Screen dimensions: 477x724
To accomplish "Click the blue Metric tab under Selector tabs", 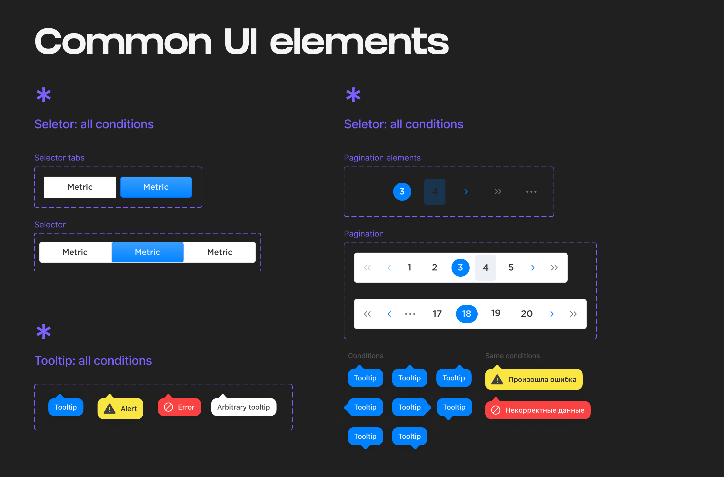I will (x=156, y=187).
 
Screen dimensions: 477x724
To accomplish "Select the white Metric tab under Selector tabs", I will (x=80, y=187).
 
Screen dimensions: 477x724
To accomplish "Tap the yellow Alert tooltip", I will (x=120, y=409).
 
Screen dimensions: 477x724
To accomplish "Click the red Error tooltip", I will (x=179, y=407).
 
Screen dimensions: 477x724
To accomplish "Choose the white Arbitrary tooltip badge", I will (x=243, y=407).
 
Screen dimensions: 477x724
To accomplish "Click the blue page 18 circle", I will (x=466, y=313).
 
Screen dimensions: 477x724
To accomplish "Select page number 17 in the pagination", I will (x=437, y=313).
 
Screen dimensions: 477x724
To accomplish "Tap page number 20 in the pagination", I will (x=527, y=313).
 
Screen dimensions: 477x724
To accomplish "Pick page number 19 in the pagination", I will (x=496, y=313).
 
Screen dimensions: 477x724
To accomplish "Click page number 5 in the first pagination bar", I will (x=511, y=267).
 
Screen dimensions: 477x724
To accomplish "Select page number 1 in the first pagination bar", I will (x=410, y=267).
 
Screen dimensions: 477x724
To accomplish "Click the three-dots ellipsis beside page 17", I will (x=410, y=314).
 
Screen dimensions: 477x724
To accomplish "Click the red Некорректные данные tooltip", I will (x=537, y=410).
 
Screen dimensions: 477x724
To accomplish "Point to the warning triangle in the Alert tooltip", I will (x=110, y=409).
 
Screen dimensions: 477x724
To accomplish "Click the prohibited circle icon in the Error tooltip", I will (x=168, y=407).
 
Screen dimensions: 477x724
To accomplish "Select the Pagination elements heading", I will (x=382, y=158).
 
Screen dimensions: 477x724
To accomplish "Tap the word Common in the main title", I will (x=123, y=42).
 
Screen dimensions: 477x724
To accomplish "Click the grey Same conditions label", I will (x=512, y=355).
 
